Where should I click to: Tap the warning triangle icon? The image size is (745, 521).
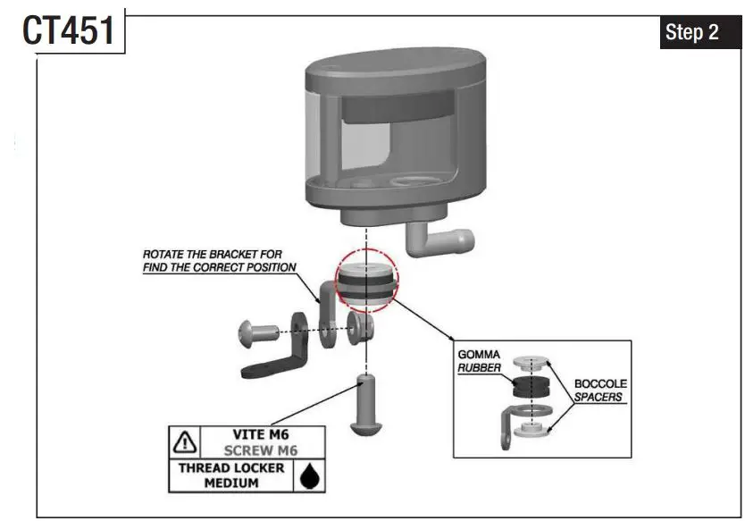pos(185,441)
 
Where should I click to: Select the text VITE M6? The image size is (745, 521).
pos(260,434)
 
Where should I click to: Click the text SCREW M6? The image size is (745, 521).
pos(260,451)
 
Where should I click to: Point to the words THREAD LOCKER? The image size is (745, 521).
pos(232,467)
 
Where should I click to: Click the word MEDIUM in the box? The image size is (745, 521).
pos(232,483)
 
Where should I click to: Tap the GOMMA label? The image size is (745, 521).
pos(479,355)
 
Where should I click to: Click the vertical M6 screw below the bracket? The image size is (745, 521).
pos(366,407)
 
